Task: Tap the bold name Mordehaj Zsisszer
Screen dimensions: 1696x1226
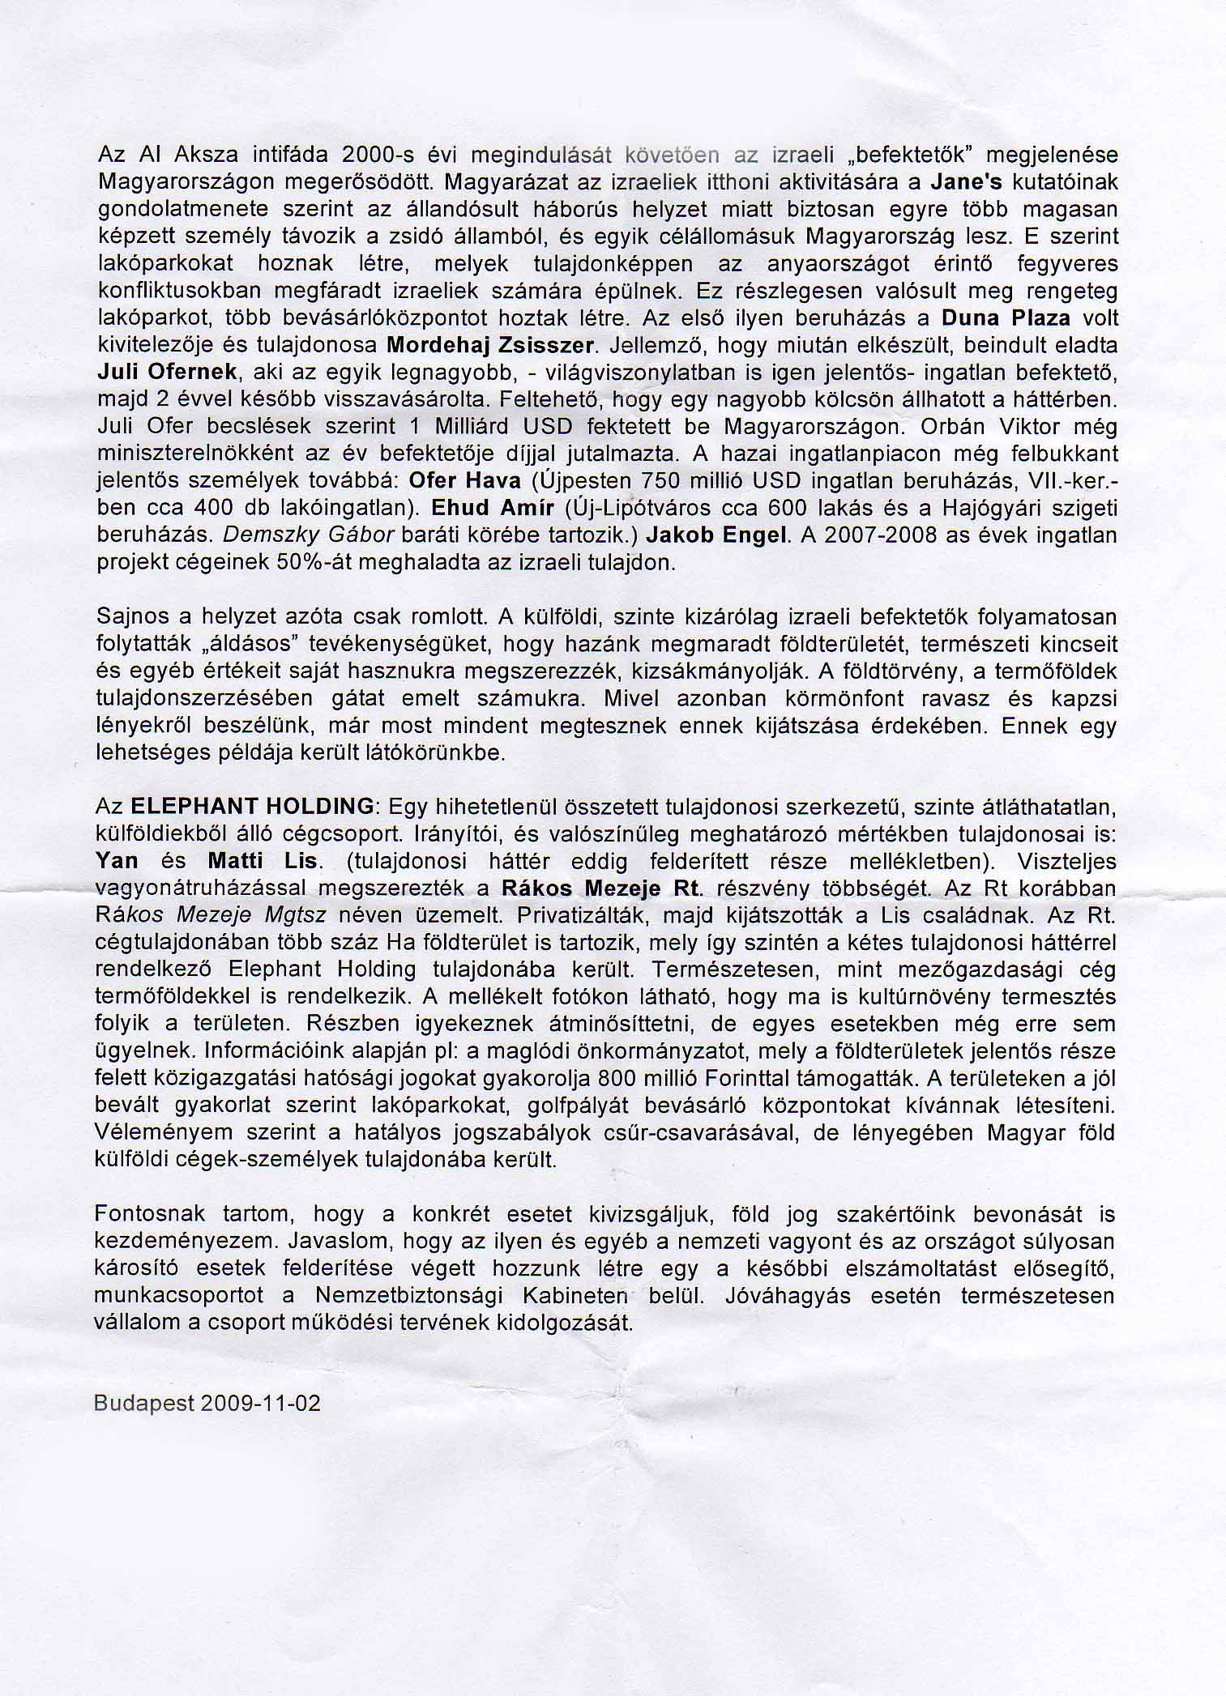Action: (491, 345)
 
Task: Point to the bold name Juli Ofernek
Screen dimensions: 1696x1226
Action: (167, 372)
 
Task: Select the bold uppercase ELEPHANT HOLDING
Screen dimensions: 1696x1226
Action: (252, 807)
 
